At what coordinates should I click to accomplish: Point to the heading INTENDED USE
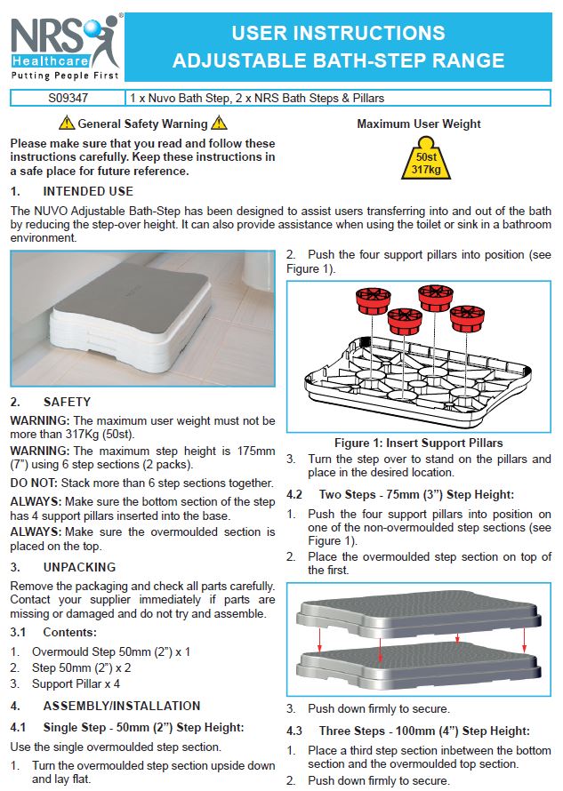(88, 191)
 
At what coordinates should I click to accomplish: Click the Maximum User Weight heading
(419, 124)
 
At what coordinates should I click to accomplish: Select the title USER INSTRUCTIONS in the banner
(338, 34)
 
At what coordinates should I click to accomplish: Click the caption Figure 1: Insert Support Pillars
(418, 443)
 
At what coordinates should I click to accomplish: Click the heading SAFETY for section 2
(67, 402)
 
